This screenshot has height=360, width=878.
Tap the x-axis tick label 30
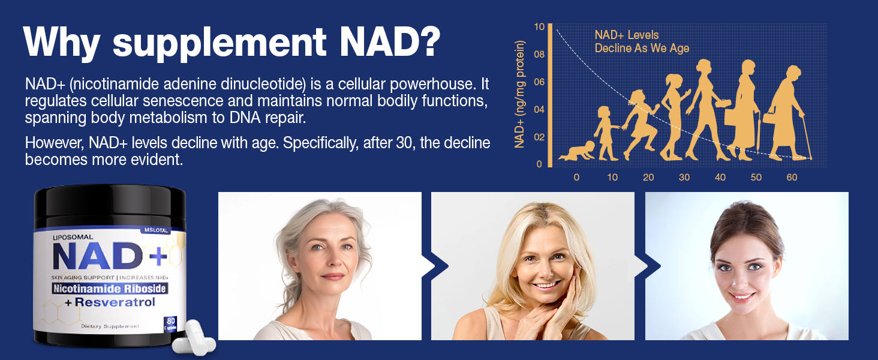click(684, 178)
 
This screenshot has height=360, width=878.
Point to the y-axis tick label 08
click(540, 55)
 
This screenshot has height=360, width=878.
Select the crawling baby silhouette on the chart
click(578, 151)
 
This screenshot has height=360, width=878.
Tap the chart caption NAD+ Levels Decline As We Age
click(641, 42)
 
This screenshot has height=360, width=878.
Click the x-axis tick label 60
click(792, 178)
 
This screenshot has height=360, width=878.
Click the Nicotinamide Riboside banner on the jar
click(110, 289)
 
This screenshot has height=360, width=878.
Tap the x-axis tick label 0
click(576, 178)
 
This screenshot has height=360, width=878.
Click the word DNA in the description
click(243, 117)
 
